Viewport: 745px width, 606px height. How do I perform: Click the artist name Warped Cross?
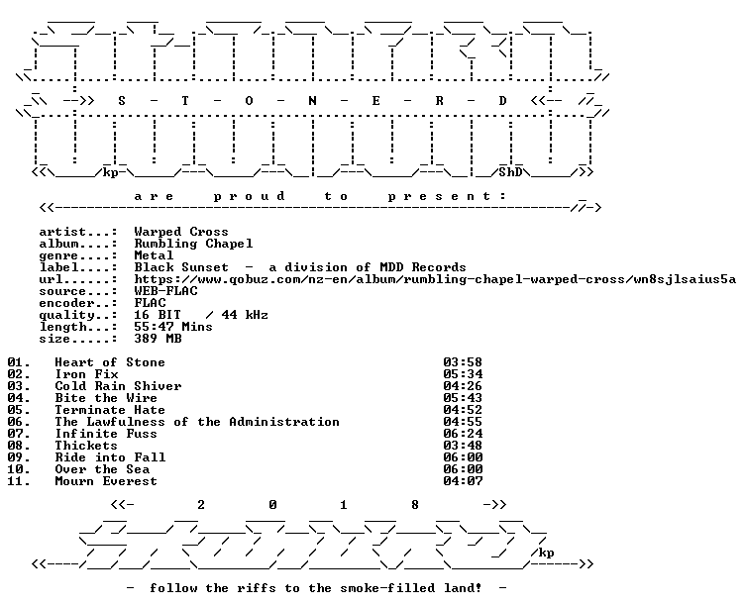[181, 232]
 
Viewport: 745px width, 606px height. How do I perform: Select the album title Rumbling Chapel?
[193, 244]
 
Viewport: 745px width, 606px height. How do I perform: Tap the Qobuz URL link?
[435, 279]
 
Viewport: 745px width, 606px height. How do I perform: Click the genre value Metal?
[154, 255]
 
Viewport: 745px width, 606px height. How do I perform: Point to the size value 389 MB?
[158, 339]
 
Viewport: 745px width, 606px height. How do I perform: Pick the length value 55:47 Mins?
[173, 327]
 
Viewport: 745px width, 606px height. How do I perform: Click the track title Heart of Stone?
[110, 362]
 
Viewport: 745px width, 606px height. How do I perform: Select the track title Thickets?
[86, 446]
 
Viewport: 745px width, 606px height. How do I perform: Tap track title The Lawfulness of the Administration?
[197, 422]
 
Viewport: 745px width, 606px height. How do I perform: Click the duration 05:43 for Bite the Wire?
[463, 398]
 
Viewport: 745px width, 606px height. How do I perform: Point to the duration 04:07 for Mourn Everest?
[463, 481]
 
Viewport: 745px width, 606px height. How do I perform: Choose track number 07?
[19, 434]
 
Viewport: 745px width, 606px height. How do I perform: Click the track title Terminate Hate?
[110, 410]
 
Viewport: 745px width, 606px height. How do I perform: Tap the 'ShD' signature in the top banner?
[511, 172]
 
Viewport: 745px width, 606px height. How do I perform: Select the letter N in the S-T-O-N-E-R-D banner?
[312, 101]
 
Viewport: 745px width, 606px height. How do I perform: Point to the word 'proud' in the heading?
[249, 196]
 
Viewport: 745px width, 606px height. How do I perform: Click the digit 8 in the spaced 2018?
[415, 504]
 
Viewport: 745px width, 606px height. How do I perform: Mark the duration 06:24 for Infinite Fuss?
[463, 434]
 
